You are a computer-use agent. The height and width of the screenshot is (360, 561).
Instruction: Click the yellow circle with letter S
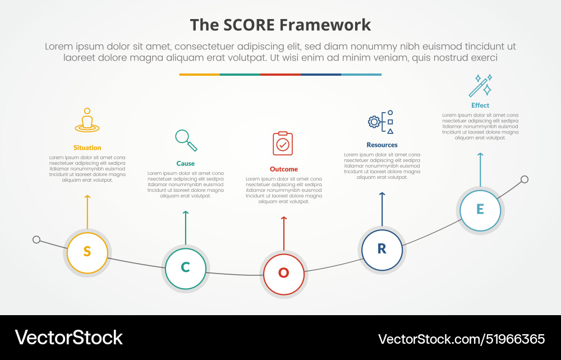click(87, 252)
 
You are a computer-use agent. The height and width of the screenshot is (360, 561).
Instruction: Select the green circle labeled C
click(185, 267)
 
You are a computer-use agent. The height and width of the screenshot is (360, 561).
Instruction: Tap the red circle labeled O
click(284, 273)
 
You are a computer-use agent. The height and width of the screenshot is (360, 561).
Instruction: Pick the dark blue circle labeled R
click(381, 249)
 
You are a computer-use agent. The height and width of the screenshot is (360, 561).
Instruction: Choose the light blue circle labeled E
click(480, 210)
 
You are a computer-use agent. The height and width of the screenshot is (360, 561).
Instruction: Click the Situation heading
click(87, 147)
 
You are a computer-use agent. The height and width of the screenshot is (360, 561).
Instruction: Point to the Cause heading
click(186, 163)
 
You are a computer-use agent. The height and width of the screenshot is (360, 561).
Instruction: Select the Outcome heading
click(284, 169)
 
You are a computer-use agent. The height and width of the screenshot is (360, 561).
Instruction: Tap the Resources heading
click(382, 145)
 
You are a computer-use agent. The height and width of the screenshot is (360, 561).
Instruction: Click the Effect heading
click(480, 105)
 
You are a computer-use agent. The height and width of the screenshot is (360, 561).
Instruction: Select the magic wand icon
click(480, 86)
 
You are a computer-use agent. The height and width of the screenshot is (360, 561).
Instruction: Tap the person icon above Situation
click(87, 120)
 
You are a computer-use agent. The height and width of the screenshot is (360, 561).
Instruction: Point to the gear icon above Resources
click(374, 121)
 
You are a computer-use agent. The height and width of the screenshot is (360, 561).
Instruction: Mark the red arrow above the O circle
click(284, 233)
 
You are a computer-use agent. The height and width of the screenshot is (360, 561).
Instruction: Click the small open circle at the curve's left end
click(36, 239)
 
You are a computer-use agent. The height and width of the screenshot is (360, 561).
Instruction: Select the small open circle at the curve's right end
click(525, 179)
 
